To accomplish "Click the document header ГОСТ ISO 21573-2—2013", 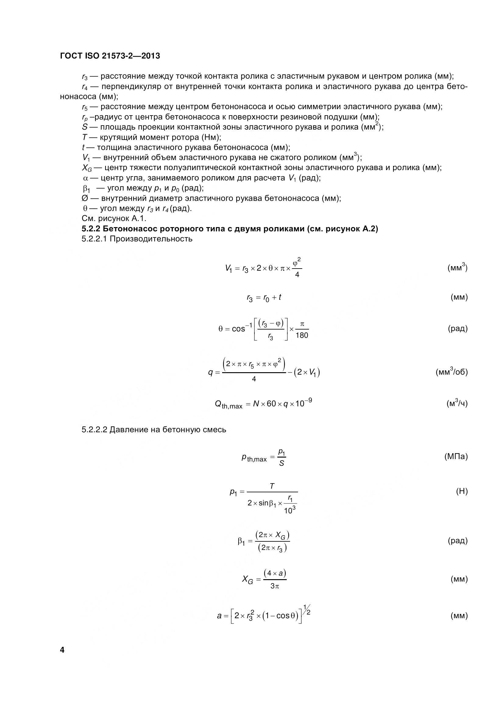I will pos(110,56).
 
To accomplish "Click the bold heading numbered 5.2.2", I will pos(230,229).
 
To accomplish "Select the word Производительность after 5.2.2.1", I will pos(151,239).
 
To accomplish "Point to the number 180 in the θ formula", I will pos(302,335).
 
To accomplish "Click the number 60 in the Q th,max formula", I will pos(271,404).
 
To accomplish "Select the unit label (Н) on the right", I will pos(461,491).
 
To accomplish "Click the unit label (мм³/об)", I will pos(451,372).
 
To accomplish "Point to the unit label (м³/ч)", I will pos(456,403).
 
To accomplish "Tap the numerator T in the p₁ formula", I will pos(272,486).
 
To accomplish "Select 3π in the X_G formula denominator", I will pos(275,586).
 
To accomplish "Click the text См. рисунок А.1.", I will pos(114,219).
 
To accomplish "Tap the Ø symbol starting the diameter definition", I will pos(85,198).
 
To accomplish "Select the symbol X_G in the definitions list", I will pos(87,168).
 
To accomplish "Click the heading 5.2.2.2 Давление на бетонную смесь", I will pos(154,430).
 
